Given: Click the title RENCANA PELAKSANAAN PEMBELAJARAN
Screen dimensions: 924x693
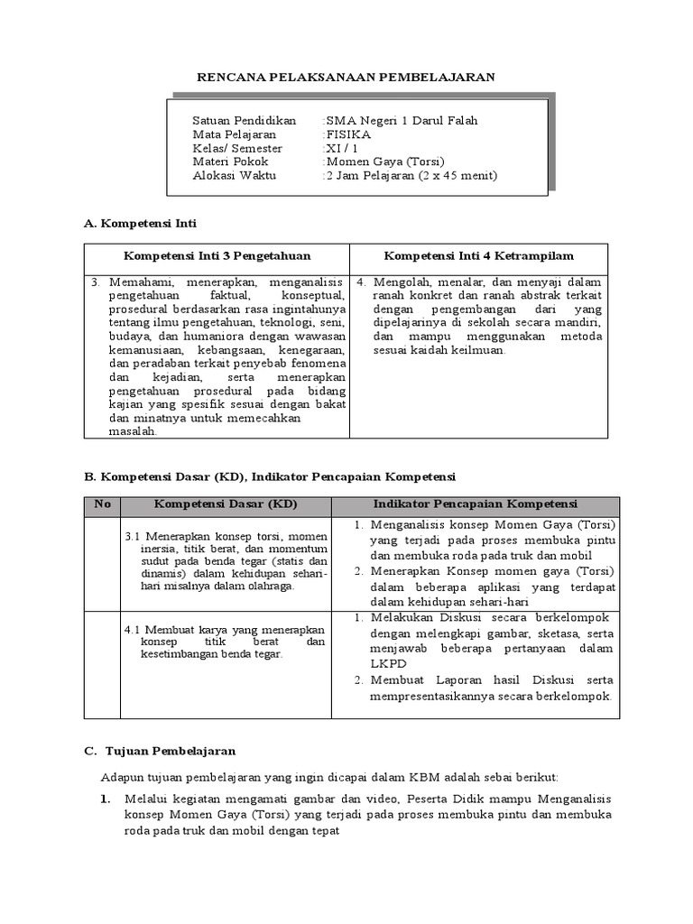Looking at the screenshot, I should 346,77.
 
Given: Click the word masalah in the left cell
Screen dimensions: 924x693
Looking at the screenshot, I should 133,431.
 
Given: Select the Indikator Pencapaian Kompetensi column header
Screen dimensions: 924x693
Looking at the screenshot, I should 477,504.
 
